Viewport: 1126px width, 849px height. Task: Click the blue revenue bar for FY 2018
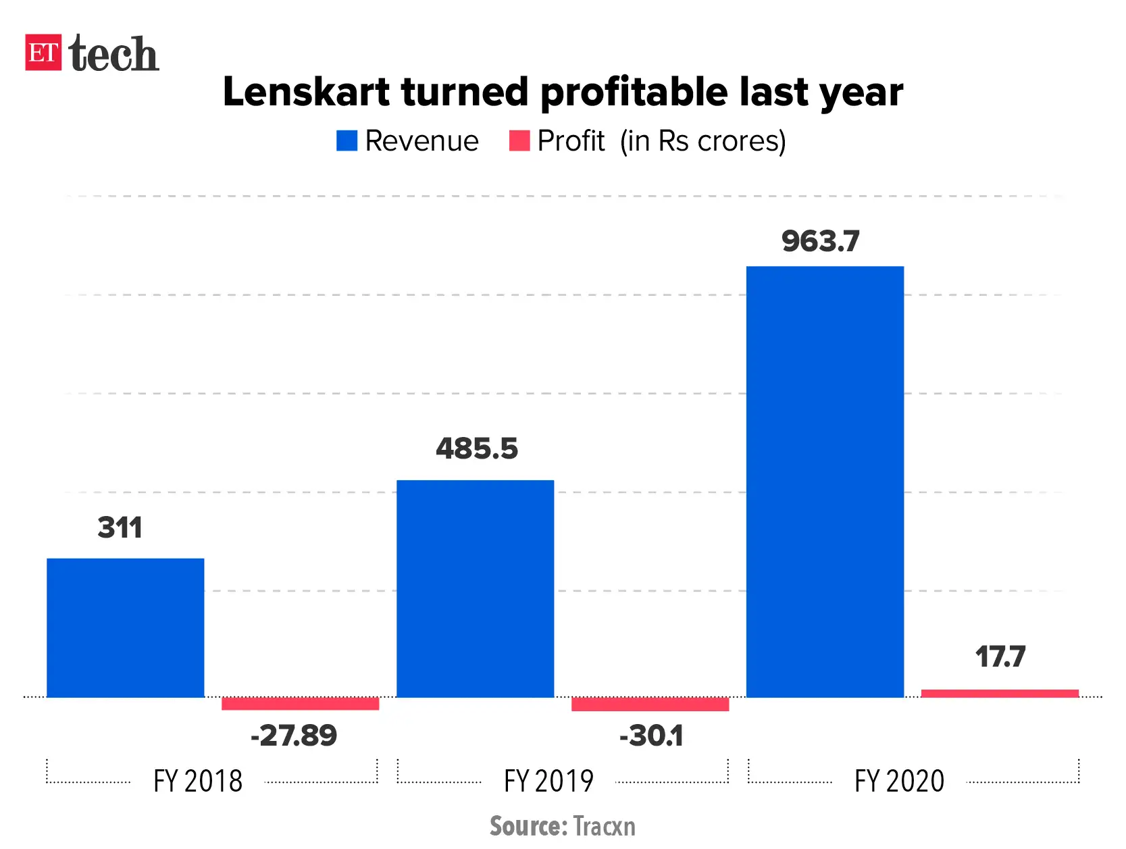[125, 627]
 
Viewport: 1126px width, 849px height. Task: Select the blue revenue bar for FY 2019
[475, 588]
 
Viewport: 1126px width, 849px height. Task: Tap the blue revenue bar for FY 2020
[825, 482]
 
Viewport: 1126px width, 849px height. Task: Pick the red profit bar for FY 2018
[300, 703]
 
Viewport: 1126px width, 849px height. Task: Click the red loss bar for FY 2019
[650, 704]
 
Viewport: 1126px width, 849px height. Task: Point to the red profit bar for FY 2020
[1000, 693]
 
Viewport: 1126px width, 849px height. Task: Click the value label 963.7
[820, 241]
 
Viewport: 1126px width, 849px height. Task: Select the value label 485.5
[476, 448]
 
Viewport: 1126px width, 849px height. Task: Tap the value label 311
[120, 528]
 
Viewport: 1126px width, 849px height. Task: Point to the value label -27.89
[293, 736]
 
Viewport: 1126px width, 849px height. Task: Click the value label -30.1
[651, 736]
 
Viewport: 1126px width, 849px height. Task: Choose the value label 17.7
[1000, 657]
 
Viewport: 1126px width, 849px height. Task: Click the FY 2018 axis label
[198, 781]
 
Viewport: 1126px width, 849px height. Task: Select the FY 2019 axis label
[548, 781]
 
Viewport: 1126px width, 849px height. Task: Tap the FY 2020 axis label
[899, 781]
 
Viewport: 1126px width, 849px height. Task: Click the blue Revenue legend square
[347, 140]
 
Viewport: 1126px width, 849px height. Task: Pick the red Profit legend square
[519, 140]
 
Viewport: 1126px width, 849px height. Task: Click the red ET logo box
[43, 52]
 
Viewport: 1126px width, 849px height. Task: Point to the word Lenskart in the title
[307, 92]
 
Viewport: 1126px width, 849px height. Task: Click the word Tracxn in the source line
[604, 826]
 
